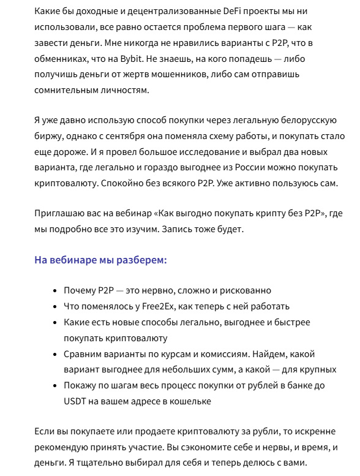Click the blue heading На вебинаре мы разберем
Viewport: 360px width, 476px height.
(100, 260)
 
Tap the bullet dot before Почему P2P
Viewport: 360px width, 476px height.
(56, 290)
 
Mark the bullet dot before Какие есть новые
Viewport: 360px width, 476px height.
(56, 322)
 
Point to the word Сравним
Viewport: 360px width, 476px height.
(84, 354)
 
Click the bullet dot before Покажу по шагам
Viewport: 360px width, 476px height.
(56, 386)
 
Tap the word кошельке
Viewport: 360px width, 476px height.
(192, 402)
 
